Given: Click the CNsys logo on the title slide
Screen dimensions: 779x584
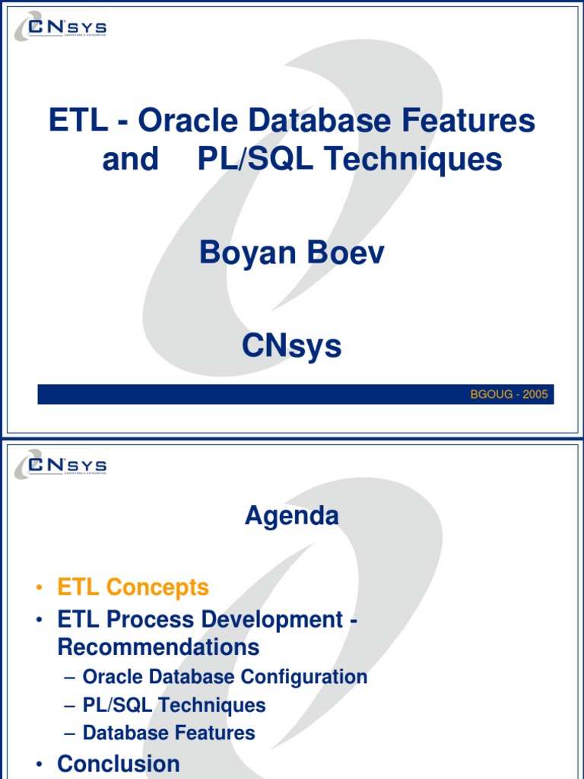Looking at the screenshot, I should [x=61, y=29].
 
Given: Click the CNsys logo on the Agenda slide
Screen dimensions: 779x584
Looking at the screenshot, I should [x=61, y=464].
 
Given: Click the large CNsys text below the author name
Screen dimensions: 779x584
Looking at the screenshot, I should [x=291, y=346].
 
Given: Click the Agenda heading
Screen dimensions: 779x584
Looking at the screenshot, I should [x=291, y=516].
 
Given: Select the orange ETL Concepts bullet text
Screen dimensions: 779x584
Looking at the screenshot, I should [x=133, y=587].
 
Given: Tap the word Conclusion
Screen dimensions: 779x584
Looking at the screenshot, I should [x=119, y=764].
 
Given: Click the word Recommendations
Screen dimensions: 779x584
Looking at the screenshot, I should [x=158, y=647].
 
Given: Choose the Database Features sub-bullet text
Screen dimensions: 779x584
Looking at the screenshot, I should [x=169, y=733].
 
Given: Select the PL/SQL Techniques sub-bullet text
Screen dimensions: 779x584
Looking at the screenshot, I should [x=174, y=705].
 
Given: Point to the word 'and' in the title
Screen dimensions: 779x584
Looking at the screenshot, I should [x=130, y=160].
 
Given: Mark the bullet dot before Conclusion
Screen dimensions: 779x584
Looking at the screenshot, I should [x=38, y=765].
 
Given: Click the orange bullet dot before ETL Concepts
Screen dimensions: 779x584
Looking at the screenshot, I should [x=38, y=588].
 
